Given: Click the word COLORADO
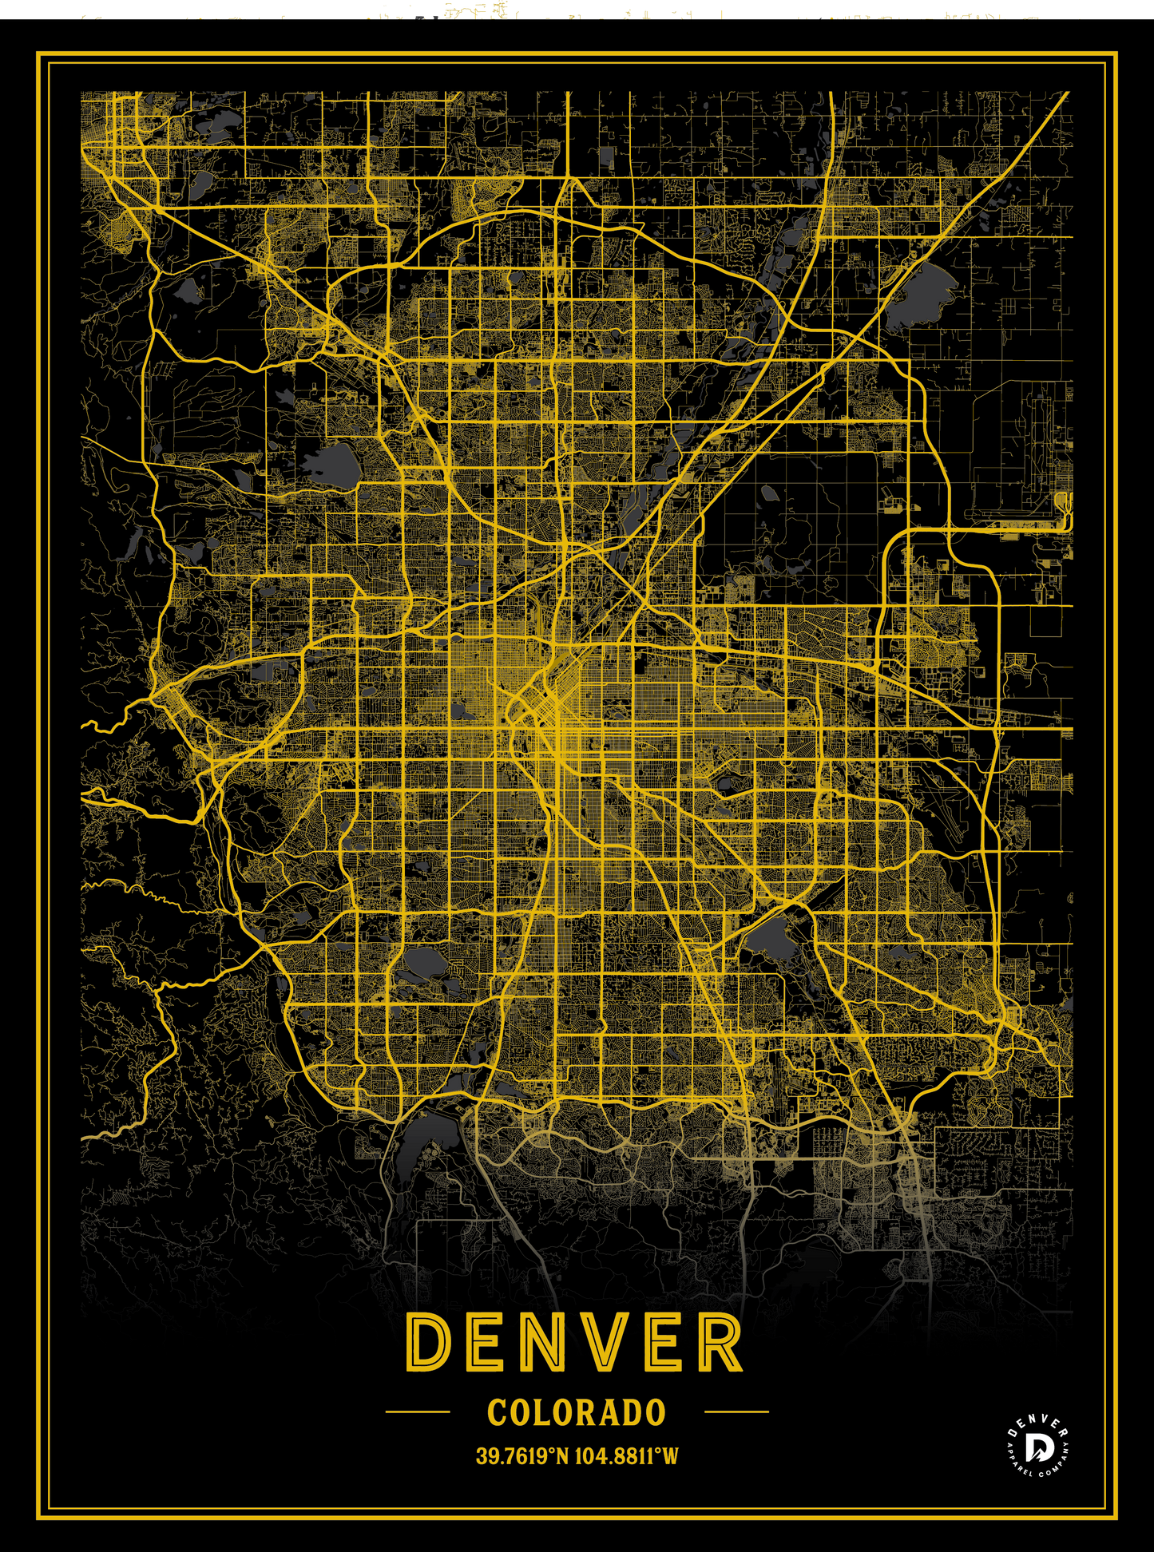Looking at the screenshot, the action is (x=577, y=1412).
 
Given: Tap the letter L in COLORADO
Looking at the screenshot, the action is (x=542, y=1412).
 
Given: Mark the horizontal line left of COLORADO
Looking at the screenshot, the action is (x=418, y=1411).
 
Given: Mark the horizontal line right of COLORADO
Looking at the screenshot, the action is (x=736, y=1411).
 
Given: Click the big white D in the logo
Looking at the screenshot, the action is (x=1037, y=1448).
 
